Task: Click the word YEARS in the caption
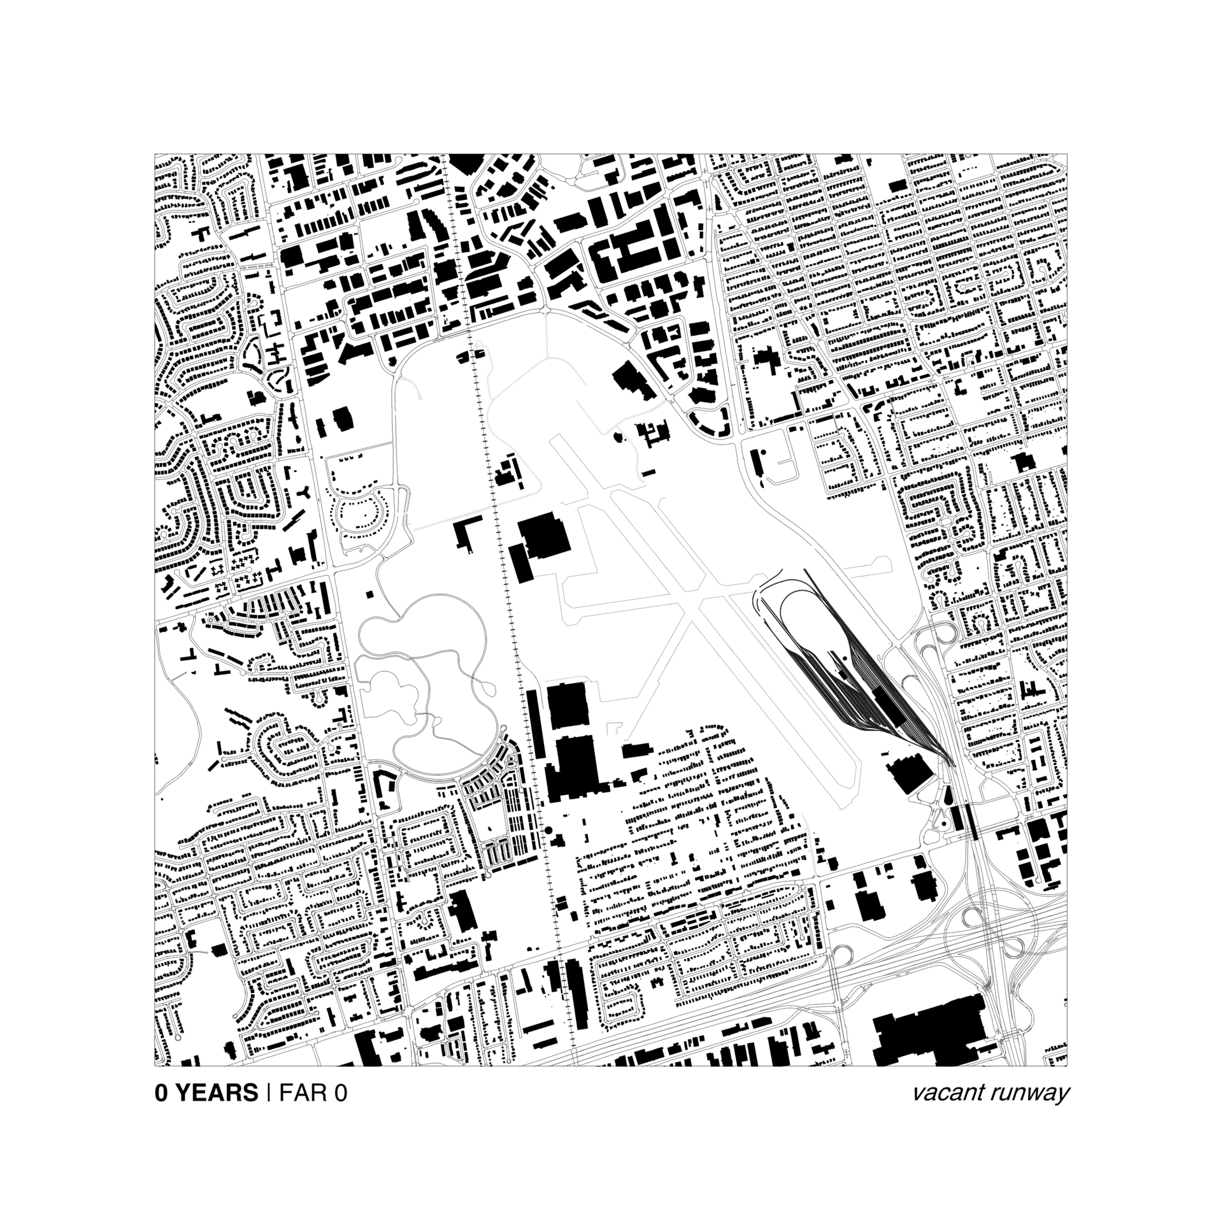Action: [216, 1093]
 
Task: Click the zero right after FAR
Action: [340, 1093]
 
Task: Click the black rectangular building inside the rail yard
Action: [888, 703]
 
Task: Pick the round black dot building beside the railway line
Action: [547, 831]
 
